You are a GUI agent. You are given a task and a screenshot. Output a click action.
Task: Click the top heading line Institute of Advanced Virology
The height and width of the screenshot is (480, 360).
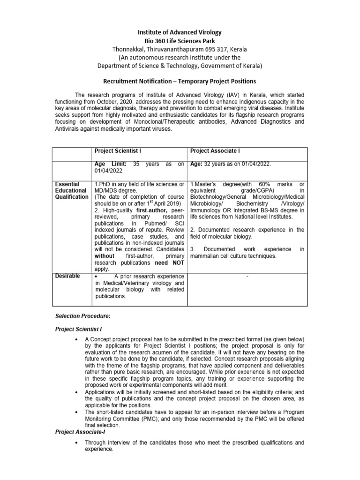180,32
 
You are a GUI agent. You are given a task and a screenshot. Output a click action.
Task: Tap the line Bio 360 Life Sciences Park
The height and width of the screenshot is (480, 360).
180,41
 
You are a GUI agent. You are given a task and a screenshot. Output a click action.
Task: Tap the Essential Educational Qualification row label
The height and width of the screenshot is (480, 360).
71,191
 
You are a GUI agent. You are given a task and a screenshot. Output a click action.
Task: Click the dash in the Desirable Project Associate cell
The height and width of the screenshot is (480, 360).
247,277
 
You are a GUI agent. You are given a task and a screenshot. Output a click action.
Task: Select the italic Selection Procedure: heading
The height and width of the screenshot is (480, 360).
83,316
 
